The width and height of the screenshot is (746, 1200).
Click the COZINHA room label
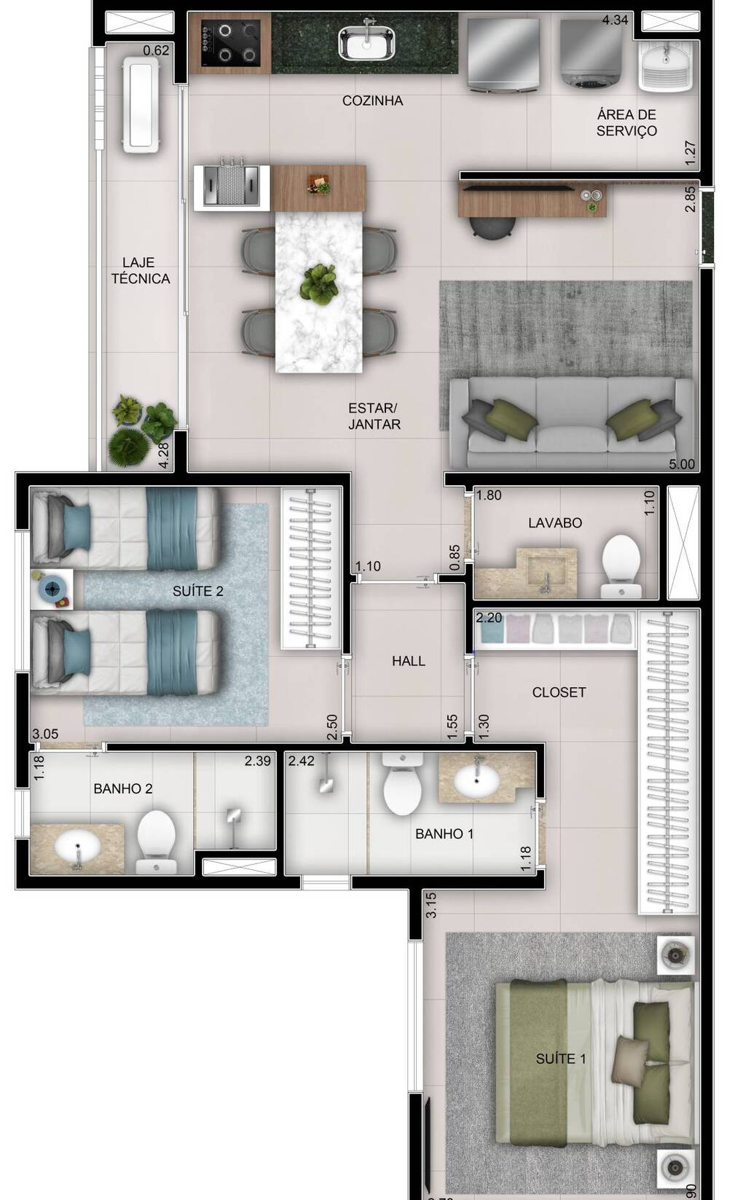(x=372, y=101)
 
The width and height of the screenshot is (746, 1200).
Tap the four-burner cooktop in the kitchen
(x=232, y=42)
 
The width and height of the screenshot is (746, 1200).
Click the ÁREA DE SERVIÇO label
(x=627, y=122)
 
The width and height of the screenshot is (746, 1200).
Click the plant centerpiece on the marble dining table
(x=318, y=283)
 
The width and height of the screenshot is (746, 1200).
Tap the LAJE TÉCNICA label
(x=141, y=270)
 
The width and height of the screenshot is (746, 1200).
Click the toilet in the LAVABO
(x=621, y=565)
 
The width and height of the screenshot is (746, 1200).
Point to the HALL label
(x=408, y=661)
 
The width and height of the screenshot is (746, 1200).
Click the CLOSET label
(x=559, y=692)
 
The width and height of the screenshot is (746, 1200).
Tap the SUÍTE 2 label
(x=197, y=591)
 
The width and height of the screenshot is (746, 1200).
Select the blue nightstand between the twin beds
(x=52, y=589)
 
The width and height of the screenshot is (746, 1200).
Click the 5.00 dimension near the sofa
(x=681, y=464)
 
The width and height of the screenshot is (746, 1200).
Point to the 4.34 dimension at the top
(x=615, y=20)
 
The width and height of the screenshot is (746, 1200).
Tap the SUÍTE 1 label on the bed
(x=560, y=1059)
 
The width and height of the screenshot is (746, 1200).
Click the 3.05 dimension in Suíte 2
(x=45, y=734)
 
